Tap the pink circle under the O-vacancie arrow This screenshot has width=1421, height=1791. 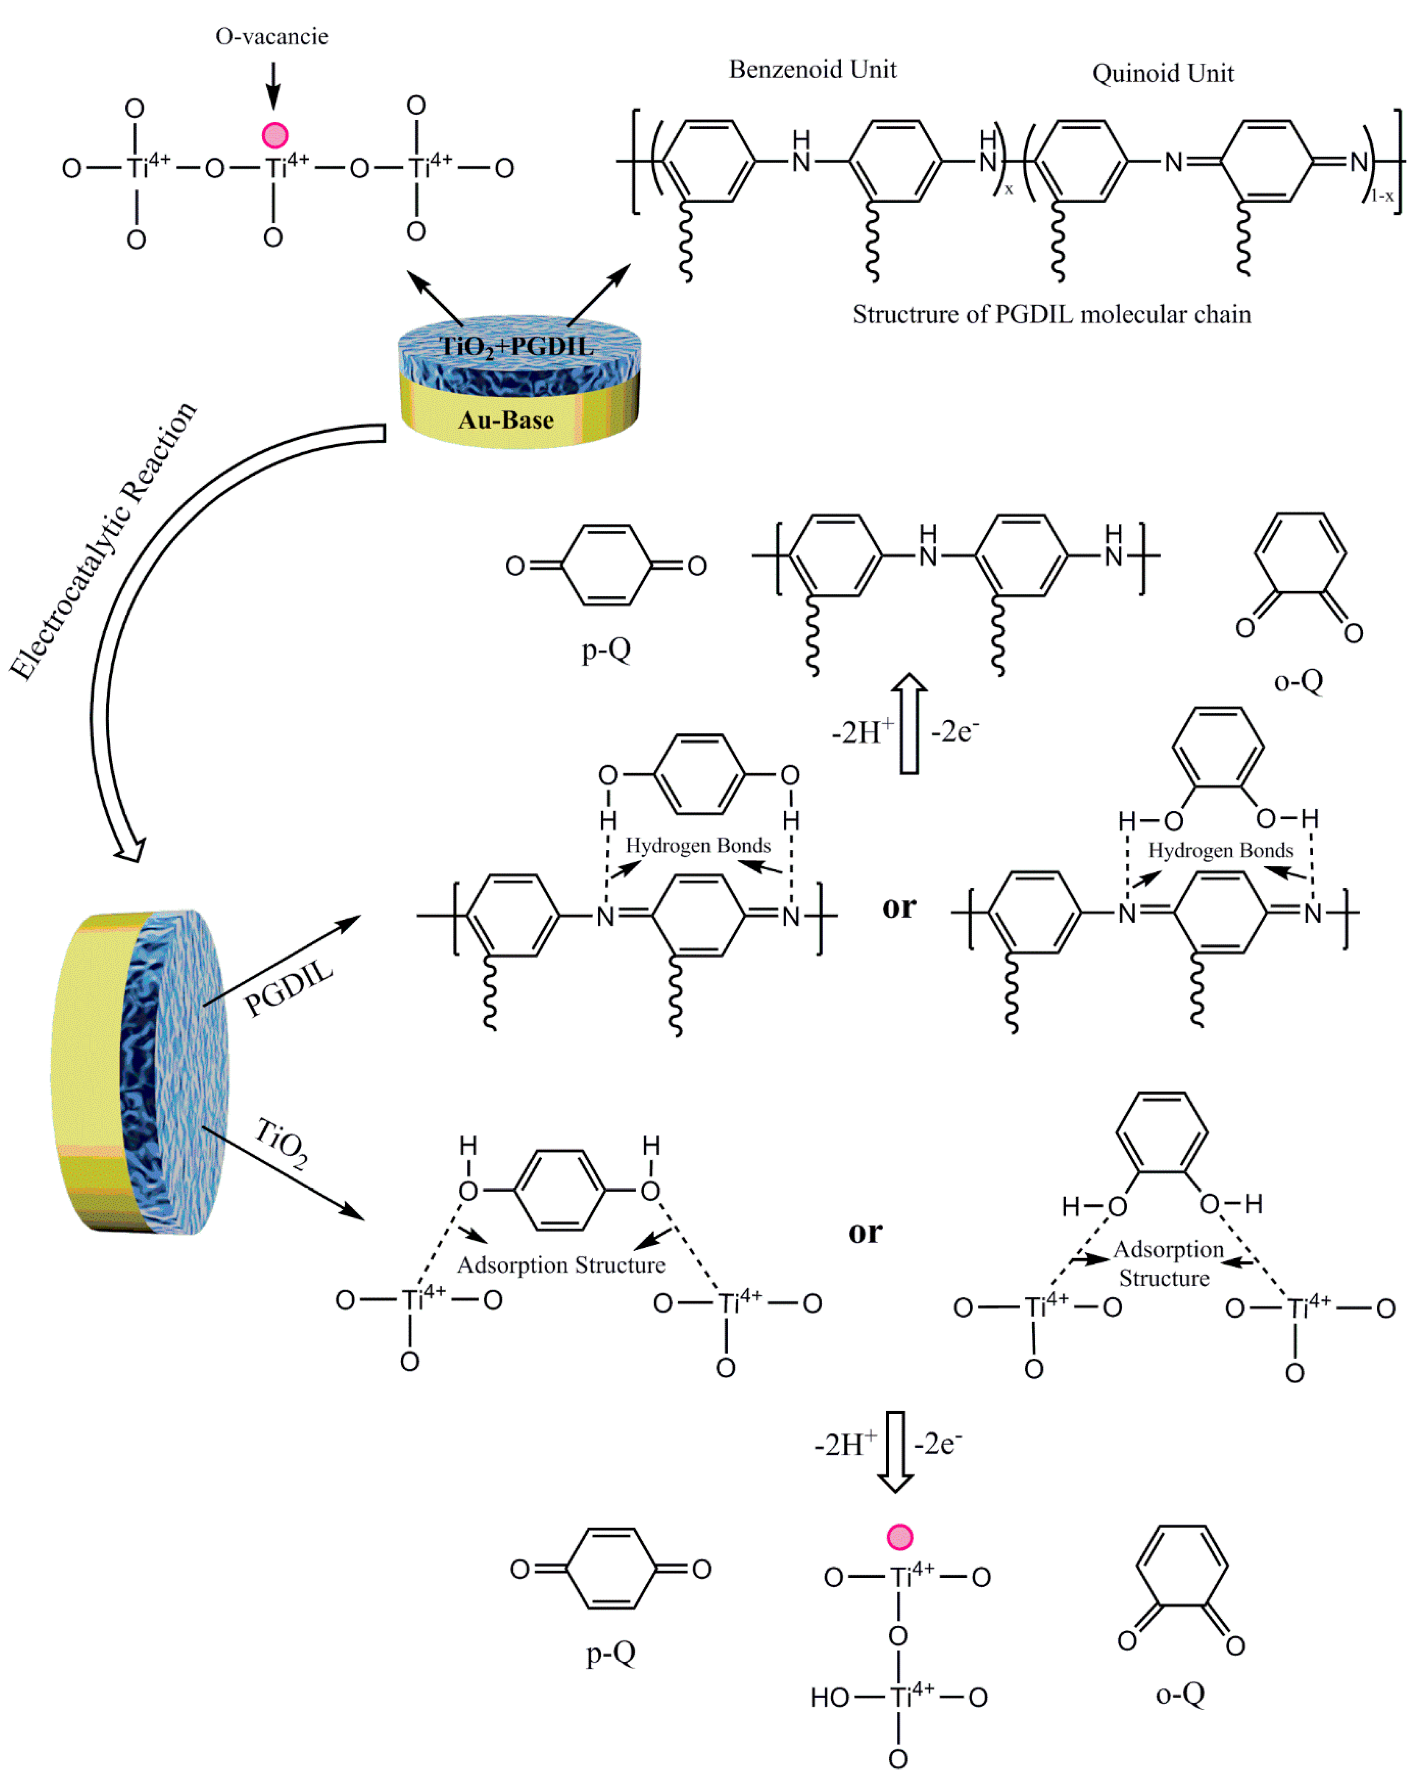pos(275,135)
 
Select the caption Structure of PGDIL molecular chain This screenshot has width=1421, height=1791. pos(1051,314)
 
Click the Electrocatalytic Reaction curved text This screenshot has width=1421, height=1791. pos(104,540)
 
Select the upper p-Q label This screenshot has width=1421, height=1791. pos(606,649)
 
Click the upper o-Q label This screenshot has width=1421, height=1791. pos(1298,681)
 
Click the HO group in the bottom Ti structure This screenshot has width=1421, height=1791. pos(830,1697)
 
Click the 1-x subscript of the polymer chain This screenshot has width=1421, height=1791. pos(1382,196)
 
